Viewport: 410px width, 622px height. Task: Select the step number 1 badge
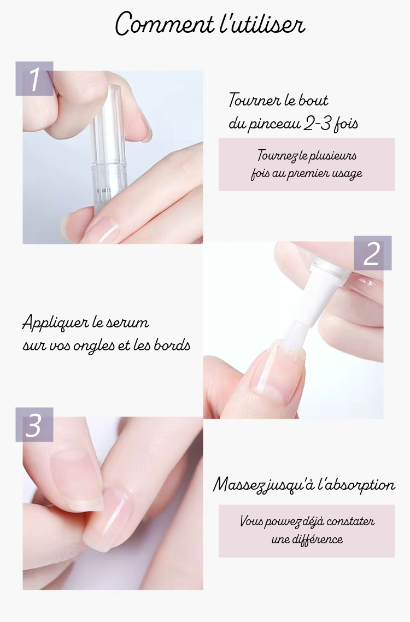tap(34, 79)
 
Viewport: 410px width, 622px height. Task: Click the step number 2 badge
tap(372, 253)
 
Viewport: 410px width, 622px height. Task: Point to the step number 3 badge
tap(34, 425)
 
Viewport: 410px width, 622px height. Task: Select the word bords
tap(172, 345)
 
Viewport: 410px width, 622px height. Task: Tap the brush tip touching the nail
tap(290, 341)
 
